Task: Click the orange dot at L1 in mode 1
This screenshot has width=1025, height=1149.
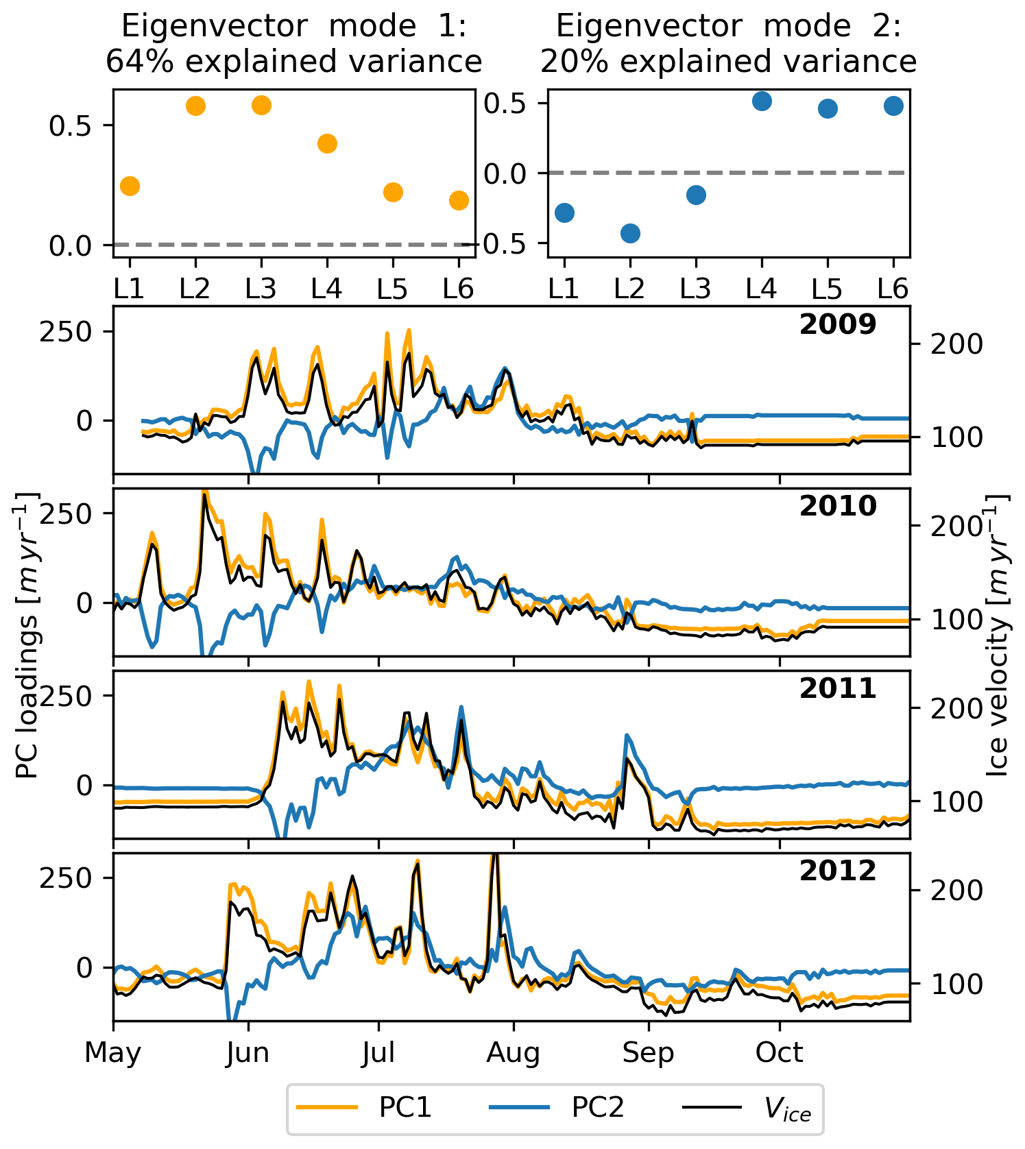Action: pos(130,186)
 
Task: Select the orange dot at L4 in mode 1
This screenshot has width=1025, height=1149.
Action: pos(327,143)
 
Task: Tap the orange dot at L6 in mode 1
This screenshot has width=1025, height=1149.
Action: pos(459,200)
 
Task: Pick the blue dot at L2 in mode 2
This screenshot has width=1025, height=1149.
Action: pos(630,233)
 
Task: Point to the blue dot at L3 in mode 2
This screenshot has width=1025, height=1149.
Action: pos(696,195)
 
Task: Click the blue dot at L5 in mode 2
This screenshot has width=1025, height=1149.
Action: pos(828,108)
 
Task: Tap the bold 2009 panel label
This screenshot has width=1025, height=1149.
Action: pos(838,324)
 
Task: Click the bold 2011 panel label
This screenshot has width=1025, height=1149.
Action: pos(838,688)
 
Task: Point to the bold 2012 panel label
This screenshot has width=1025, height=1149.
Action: pos(838,871)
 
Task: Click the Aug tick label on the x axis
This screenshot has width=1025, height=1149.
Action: pos(513,1052)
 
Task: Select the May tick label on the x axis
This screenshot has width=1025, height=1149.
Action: pos(113,1052)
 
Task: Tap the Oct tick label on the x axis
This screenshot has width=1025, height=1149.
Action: pos(779,1052)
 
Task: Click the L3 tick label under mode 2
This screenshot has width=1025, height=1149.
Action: pos(696,289)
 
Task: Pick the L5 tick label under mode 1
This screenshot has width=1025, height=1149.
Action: pos(392,289)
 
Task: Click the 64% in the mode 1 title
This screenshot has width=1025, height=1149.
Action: pos(141,62)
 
